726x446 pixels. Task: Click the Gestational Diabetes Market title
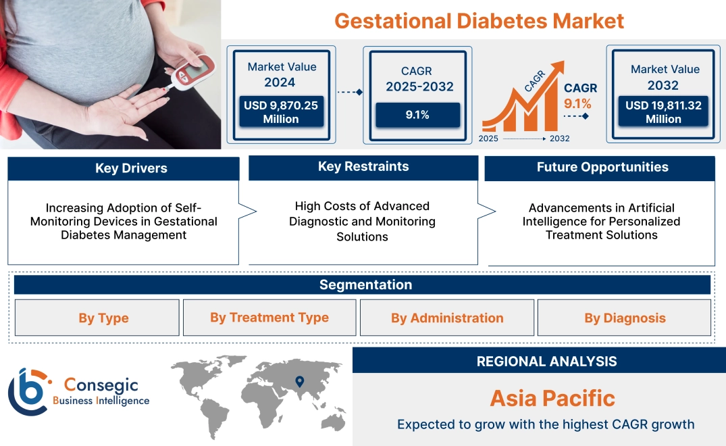point(479,20)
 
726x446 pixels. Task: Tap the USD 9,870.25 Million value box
point(281,112)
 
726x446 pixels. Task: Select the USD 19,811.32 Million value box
point(663,112)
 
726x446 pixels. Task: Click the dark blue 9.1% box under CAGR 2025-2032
point(417,115)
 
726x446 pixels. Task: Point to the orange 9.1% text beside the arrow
point(577,103)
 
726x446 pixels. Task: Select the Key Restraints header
point(363,167)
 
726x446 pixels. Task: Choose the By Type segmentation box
point(103,318)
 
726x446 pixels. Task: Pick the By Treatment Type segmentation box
point(269,318)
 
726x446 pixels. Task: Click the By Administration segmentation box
point(447,318)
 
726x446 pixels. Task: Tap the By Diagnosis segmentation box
point(625,318)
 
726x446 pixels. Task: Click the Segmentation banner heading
point(365,284)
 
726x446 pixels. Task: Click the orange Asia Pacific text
point(552,398)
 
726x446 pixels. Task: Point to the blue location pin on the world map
point(300,382)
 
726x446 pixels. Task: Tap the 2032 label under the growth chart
point(559,139)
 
